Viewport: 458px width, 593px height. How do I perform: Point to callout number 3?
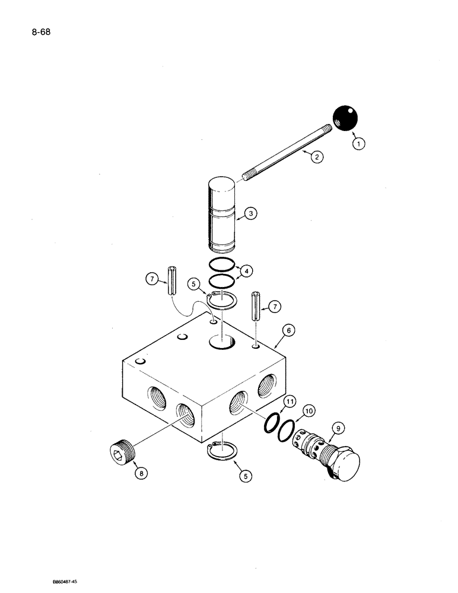coord(250,214)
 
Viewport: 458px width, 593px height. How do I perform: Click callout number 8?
coord(140,473)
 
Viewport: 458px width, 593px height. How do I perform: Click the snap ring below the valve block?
coord(222,452)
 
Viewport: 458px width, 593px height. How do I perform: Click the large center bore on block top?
coord(222,342)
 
